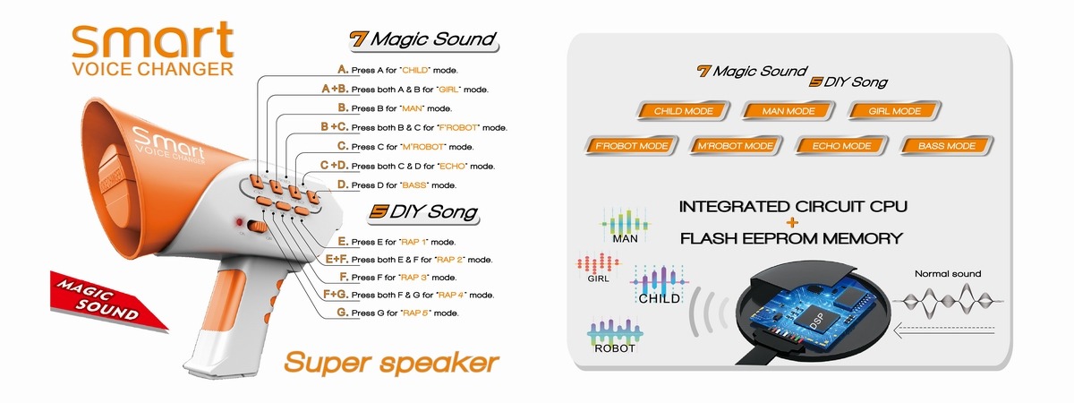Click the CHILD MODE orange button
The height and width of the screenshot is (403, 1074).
(x=684, y=112)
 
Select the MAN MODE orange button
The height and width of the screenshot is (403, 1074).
(x=788, y=112)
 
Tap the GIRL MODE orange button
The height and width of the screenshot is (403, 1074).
(x=894, y=112)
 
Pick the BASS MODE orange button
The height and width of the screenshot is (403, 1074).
(x=945, y=145)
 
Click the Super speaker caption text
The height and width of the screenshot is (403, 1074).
(x=391, y=363)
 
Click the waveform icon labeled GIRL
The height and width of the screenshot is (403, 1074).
(x=599, y=266)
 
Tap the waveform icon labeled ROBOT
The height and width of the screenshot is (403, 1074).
(x=614, y=334)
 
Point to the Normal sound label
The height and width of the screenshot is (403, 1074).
(x=947, y=274)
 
